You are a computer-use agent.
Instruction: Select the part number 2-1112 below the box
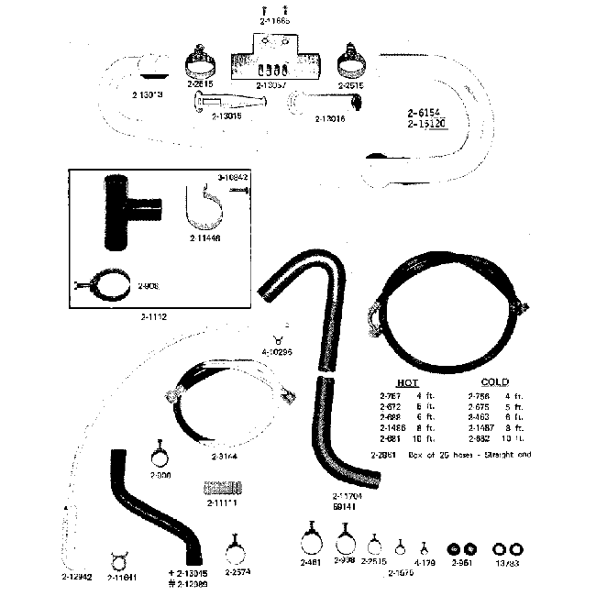[x=154, y=316]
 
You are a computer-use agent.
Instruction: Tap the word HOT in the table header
[x=408, y=381]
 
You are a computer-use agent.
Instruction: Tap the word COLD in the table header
[x=495, y=381]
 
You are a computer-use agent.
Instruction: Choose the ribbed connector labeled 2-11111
[x=223, y=487]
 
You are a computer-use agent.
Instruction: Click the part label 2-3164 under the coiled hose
[x=225, y=456]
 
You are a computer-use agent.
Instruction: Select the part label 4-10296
[x=277, y=351]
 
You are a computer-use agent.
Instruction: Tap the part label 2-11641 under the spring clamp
[x=121, y=577]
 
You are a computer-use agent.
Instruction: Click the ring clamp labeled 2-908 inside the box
[x=109, y=287]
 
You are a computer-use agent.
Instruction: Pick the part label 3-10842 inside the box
[x=234, y=175]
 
